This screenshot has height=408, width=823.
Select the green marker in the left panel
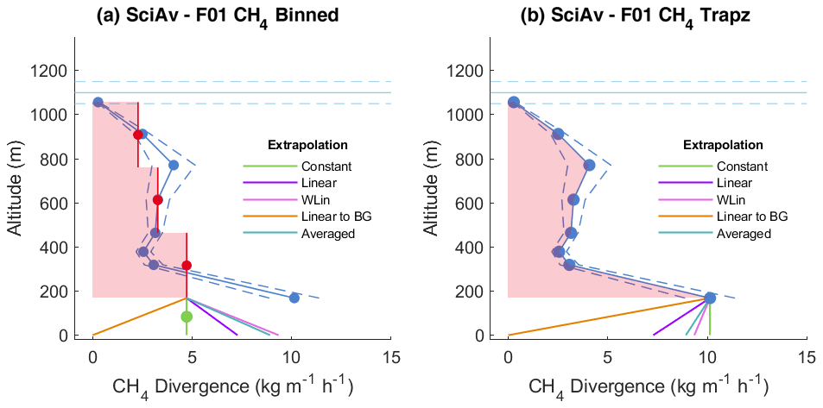(x=187, y=317)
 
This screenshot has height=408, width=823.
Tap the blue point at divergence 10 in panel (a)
(x=294, y=298)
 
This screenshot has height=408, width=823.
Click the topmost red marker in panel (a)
(x=138, y=135)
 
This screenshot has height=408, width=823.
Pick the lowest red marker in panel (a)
(x=187, y=265)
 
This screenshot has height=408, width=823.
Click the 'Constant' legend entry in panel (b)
(x=742, y=166)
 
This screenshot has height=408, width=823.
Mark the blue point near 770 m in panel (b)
(x=590, y=165)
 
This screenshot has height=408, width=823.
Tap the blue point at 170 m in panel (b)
(x=710, y=298)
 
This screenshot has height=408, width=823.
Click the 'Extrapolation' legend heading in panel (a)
(x=307, y=145)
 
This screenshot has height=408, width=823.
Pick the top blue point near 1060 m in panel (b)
(x=514, y=102)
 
